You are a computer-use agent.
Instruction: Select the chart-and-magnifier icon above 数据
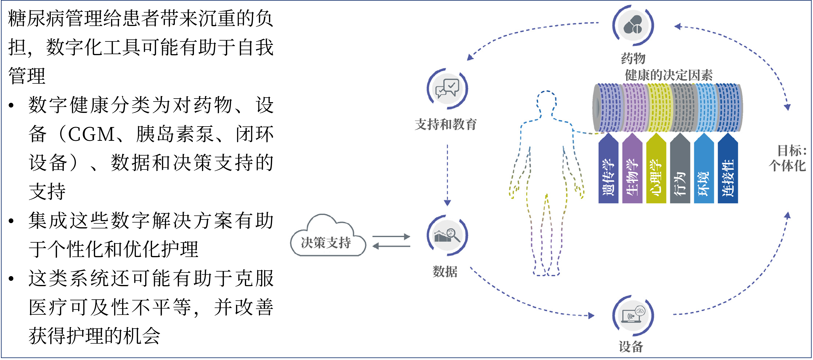pyautogui.click(x=447, y=236)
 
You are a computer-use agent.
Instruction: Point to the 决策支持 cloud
pyautogui.click(x=327, y=240)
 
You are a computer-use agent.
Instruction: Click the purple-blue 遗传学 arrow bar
pyautogui.click(x=608, y=171)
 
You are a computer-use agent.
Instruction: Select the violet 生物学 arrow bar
pyautogui.click(x=632, y=171)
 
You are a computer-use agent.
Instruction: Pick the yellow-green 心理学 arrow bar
pyautogui.click(x=656, y=171)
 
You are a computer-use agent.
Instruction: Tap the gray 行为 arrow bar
pyautogui.click(x=680, y=171)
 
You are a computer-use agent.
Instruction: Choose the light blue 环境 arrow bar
pyautogui.click(x=704, y=171)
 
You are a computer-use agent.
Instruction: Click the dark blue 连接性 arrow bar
pyautogui.click(x=728, y=171)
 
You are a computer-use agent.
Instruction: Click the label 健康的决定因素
pyautogui.click(x=668, y=75)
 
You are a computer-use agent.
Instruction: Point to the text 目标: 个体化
pyautogui.click(x=788, y=158)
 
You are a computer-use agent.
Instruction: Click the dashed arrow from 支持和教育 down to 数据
pyautogui.click(x=447, y=174)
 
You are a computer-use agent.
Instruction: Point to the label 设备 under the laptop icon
pyautogui.click(x=631, y=346)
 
